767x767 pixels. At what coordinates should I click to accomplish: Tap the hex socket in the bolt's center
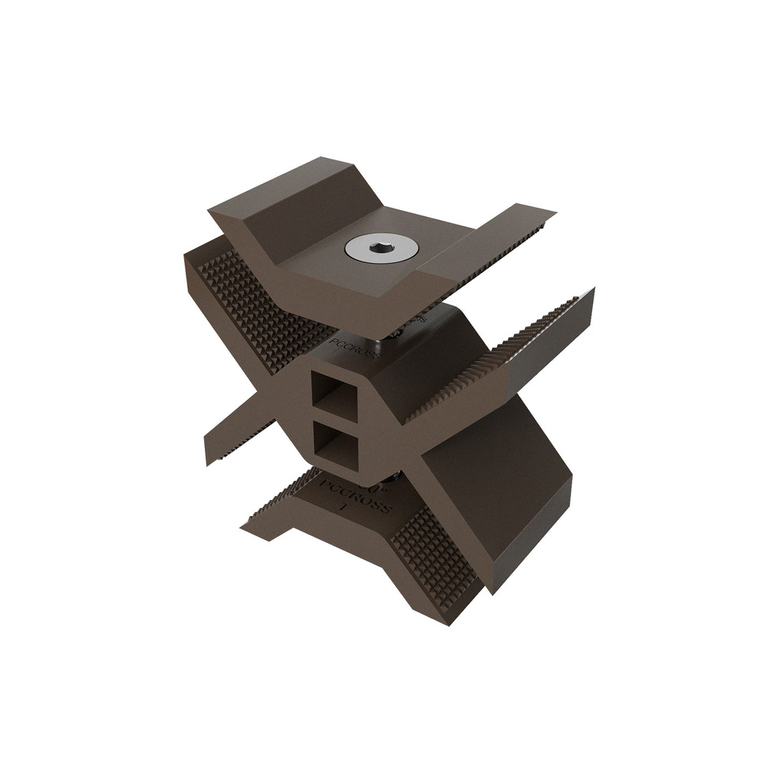click(x=381, y=248)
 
